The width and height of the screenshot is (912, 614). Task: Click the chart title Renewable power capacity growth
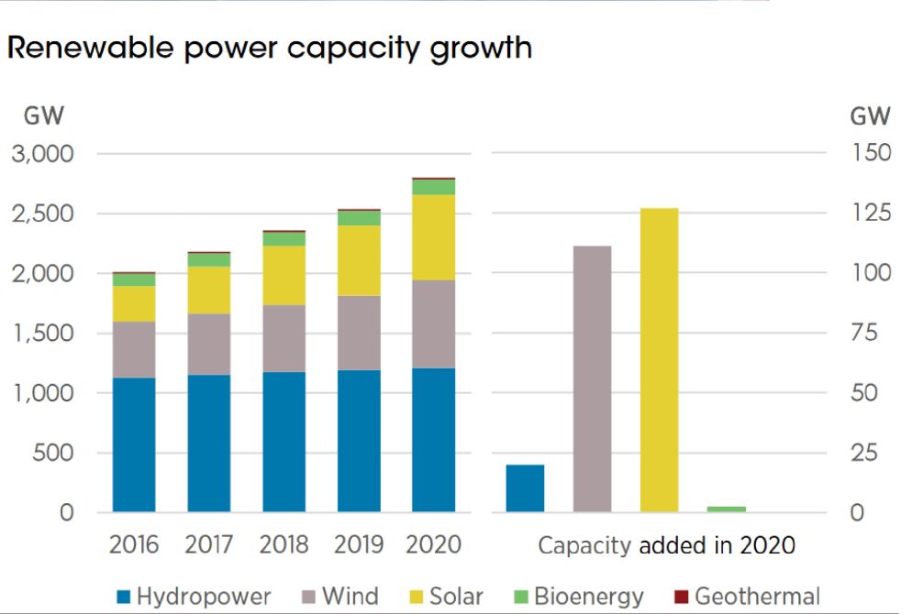(269, 48)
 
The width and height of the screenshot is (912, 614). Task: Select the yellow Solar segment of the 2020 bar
(433, 237)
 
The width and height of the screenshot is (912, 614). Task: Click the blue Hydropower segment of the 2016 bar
(133, 444)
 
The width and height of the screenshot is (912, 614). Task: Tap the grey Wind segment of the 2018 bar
(284, 338)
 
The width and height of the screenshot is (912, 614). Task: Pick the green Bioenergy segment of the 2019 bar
(359, 218)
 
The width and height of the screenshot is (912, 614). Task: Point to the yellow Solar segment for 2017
(208, 290)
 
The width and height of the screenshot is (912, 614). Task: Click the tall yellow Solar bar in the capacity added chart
(659, 359)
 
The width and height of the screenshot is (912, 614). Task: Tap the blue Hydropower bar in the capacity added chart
(525, 488)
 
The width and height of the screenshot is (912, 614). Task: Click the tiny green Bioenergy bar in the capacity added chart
(727, 509)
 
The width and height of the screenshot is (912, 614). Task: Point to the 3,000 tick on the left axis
(42, 153)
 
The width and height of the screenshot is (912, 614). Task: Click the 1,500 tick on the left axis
(42, 333)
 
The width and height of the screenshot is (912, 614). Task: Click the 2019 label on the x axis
(359, 545)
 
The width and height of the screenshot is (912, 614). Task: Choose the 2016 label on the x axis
(134, 545)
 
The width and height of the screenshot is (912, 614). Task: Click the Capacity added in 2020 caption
(666, 545)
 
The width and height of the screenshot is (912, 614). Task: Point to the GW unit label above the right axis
(869, 116)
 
